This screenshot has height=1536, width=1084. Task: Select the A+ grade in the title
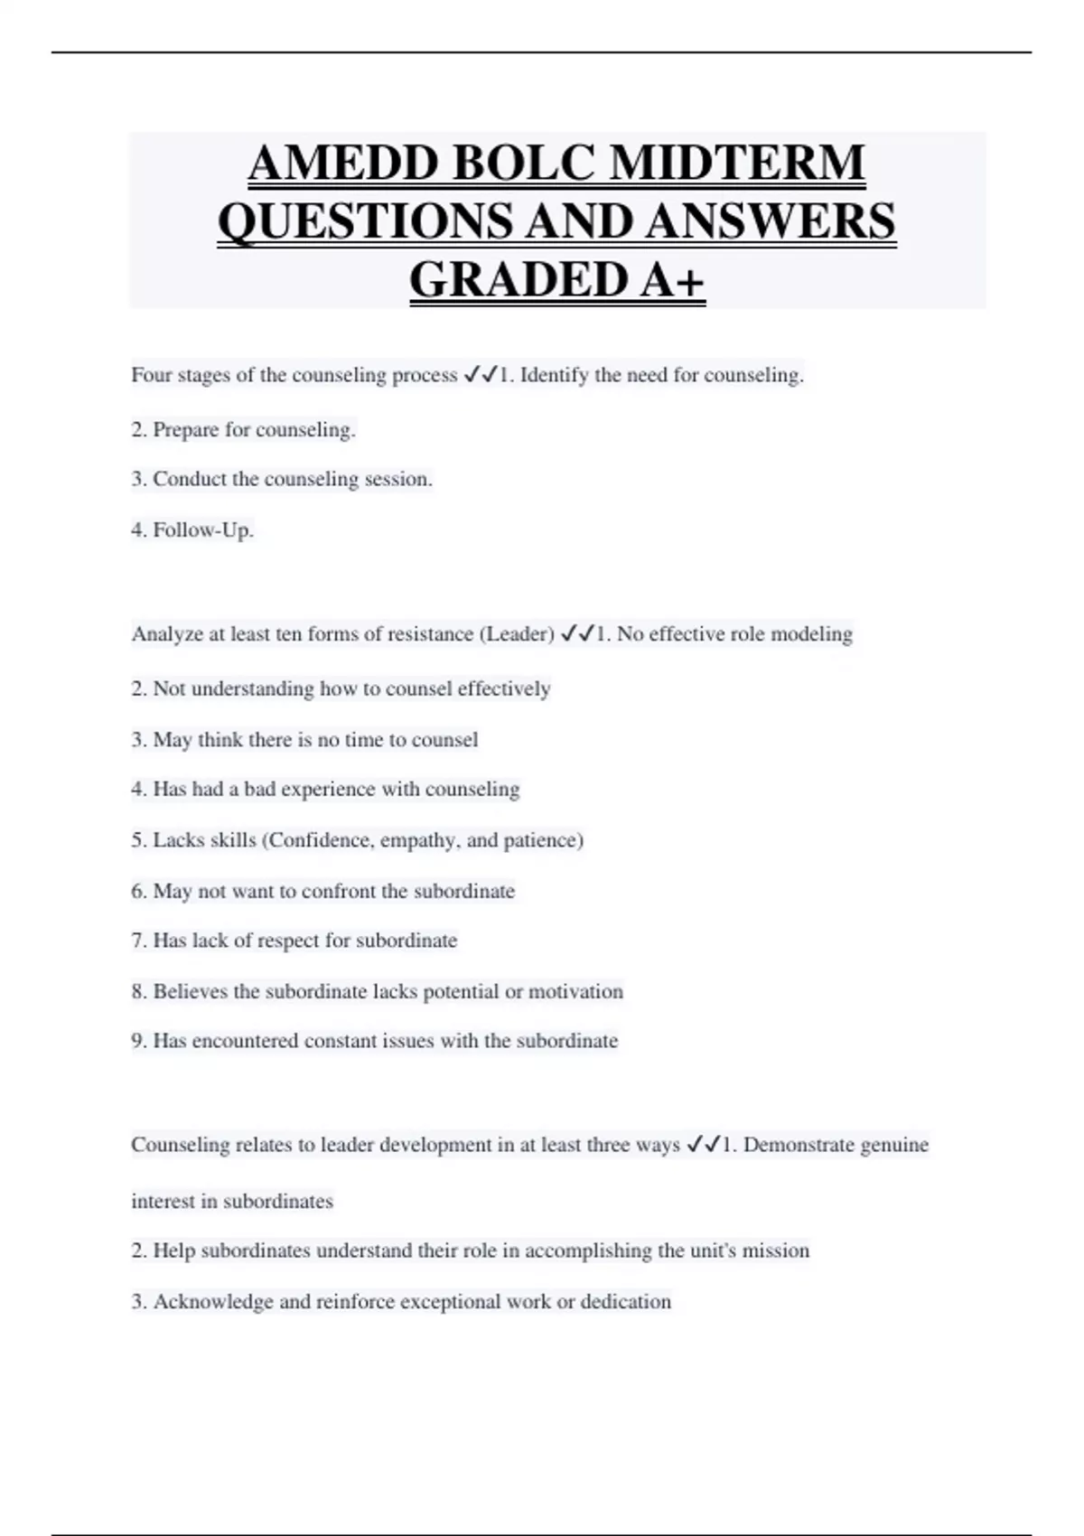[672, 279]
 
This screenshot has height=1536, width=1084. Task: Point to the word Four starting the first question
[151, 375]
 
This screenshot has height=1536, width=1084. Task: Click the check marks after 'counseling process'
[481, 375]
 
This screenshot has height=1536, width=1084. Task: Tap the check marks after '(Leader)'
[577, 634]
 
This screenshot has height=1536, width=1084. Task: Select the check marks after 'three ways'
[704, 1145]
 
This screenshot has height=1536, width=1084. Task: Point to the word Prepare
[186, 430]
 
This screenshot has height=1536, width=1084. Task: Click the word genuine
[893, 1145]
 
